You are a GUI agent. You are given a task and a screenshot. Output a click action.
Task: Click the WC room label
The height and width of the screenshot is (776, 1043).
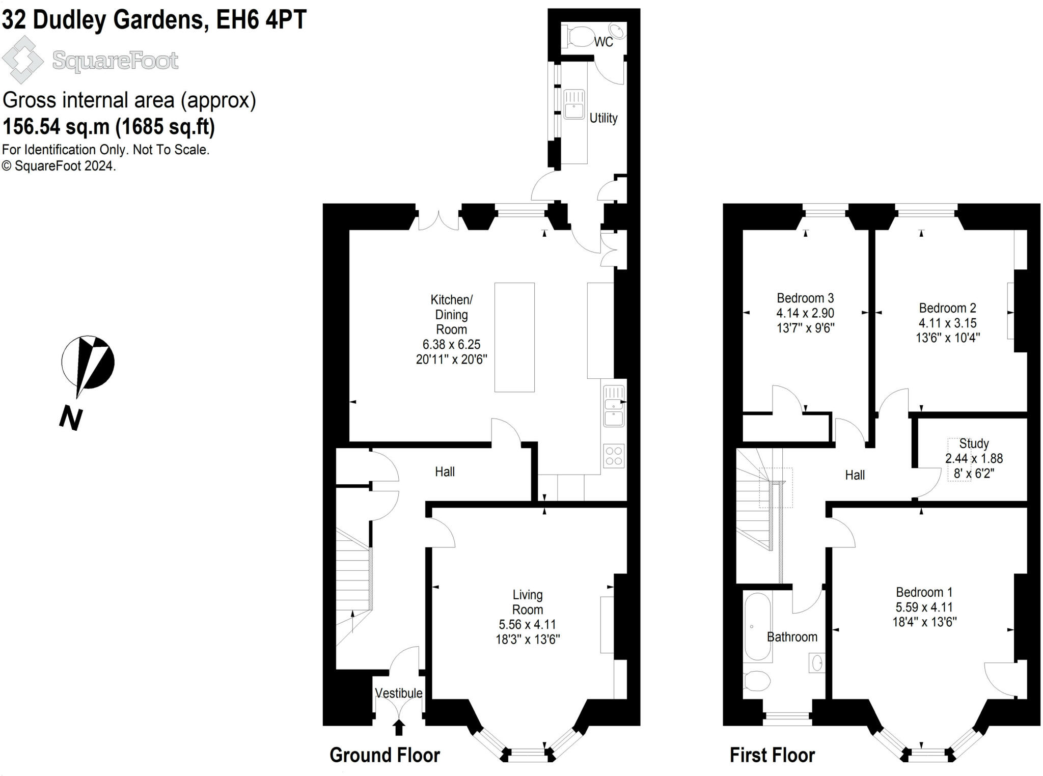(x=603, y=42)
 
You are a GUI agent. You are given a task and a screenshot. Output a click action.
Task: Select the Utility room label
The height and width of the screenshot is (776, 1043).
(x=603, y=118)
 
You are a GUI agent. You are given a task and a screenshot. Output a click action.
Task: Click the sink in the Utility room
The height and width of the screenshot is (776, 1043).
(x=574, y=104)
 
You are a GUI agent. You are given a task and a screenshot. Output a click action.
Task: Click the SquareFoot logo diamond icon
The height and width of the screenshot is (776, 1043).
(x=22, y=60)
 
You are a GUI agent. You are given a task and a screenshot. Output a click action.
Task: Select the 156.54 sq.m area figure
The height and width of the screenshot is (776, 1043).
(x=56, y=127)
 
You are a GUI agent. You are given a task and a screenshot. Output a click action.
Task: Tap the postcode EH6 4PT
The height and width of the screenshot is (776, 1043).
(x=261, y=20)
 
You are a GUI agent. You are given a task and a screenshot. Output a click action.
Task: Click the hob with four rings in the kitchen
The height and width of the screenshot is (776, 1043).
(x=614, y=456)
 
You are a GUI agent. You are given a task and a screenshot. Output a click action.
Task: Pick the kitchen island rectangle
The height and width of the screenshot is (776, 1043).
(x=514, y=337)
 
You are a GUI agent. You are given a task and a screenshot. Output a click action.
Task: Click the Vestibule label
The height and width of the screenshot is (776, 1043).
(x=399, y=693)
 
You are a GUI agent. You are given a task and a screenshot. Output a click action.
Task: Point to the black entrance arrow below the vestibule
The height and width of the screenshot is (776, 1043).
(x=399, y=727)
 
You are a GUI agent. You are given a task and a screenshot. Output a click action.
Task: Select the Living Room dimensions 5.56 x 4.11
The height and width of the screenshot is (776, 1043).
(x=528, y=624)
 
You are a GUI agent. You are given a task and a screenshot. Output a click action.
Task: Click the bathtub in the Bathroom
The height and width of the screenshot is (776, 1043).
(x=757, y=626)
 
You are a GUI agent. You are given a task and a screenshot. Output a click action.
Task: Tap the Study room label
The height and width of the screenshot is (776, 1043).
(x=974, y=444)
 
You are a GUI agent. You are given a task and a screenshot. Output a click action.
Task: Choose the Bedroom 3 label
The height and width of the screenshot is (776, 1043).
(x=805, y=298)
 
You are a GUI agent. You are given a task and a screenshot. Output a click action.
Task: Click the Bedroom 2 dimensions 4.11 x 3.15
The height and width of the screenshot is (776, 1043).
(x=948, y=323)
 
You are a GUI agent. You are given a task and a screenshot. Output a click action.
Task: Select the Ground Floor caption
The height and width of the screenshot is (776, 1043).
(x=385, y=755)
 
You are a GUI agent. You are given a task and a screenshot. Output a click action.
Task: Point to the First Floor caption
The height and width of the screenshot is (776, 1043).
(x=772, y=755)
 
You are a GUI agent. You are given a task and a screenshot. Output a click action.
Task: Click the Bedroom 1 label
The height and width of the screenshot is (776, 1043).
(x=924, y=592)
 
